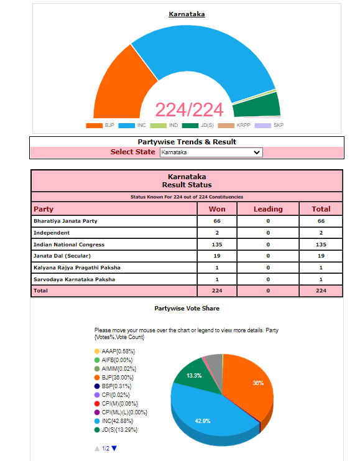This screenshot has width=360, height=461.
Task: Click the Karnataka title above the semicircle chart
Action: tap(187, 14)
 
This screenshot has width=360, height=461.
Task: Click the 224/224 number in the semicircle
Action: tap(189, 110)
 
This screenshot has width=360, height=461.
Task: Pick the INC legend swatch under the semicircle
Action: tap(126, 126)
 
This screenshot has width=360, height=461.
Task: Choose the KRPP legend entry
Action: tap(234, 126)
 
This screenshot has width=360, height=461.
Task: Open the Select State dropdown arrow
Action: tap(257, 152)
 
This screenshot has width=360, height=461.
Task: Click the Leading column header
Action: tap(268, 209)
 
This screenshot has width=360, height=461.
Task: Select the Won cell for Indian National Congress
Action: tap(217, 244)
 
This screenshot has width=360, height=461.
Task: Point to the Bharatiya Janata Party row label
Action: tap(65, 221)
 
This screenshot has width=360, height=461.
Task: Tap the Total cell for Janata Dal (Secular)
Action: tap(321, 256)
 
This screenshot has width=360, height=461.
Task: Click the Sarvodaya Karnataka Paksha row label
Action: tap(74, 279)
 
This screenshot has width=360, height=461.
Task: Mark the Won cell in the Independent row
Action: tap(217, 233)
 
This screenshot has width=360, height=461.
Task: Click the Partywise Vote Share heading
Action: tap(187, 309)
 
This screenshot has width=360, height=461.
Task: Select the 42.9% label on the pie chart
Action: tap(203, 421)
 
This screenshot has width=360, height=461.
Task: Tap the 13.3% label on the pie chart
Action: tap(194, 376)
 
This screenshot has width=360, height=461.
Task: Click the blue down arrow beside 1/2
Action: tap(114, 449)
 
